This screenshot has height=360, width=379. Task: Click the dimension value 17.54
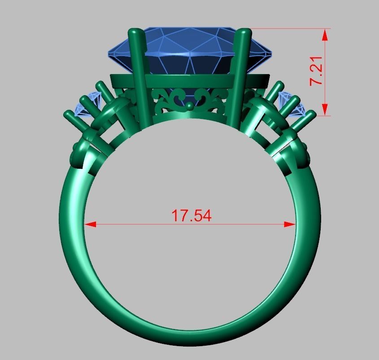click(x=192, y=216)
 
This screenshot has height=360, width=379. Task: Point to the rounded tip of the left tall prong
click(x=135, y=32)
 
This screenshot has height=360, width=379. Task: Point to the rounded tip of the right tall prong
click(x=245, y=32)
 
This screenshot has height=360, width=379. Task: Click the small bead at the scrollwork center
click(x=190, y=106)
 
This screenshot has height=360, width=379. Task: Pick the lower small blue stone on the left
click(x=81, y=109)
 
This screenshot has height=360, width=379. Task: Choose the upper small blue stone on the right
click(x=285, y=98)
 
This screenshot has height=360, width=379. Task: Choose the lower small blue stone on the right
click(x=298, y=109)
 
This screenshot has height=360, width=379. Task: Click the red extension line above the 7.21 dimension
click(x=292, y=29)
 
